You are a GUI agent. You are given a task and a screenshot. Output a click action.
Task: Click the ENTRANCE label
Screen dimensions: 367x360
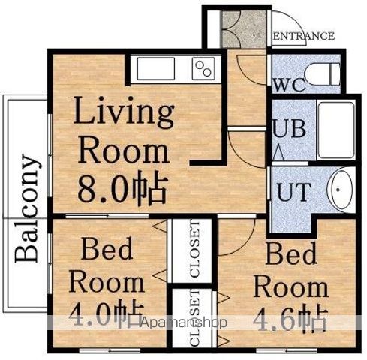coord(304,36)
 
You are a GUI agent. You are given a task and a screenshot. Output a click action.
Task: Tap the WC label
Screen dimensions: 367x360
coord(290,85)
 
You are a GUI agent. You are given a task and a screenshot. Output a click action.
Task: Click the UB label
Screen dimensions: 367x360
coord(290,128)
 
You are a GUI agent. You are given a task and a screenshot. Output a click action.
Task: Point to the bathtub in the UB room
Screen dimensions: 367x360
coord(336,130)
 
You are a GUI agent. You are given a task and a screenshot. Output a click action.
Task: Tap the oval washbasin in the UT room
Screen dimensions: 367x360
coord(340,190)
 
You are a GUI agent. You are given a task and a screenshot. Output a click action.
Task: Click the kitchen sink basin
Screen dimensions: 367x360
coord(156,69)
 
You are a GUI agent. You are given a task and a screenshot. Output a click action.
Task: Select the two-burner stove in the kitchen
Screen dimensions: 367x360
coord(203,69)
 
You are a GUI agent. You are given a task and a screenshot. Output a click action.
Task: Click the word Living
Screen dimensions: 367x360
coord(124,110)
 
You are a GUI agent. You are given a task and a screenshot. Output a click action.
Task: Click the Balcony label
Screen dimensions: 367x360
coord(27,208)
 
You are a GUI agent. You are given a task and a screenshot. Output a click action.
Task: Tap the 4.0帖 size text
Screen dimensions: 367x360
coord(107,313)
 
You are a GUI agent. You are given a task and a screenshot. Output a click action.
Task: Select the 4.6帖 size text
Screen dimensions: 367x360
coord(290,317)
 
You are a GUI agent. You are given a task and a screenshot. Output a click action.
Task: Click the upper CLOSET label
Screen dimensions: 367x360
coord(195,248)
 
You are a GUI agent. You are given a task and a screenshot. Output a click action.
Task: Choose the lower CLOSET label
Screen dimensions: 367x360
coord(195,318)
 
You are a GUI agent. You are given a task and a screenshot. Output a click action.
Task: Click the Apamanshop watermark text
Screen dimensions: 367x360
coord(184,322)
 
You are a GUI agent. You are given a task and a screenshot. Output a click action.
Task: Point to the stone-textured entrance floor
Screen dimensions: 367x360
coord(243,28)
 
